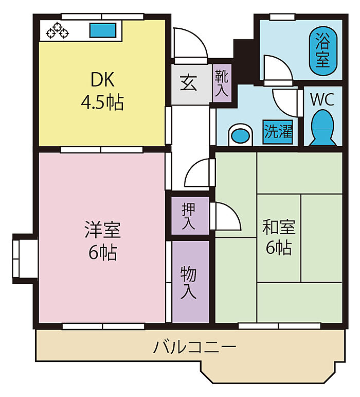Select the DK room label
(x=102, y=80)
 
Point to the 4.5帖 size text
(x=102, y=102)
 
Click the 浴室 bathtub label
(x=322, y=50)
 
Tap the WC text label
(x=322, y=99)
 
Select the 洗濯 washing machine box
(x=278, y=131)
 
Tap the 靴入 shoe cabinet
(x=222, y=83)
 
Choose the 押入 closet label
(x=189, y=216)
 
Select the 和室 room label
(x=279, y=226)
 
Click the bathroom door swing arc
(x=278, y=67)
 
